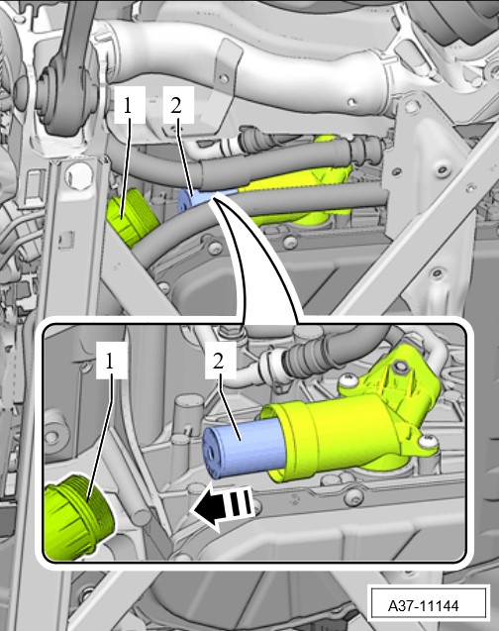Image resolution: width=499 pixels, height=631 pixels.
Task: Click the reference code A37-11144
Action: (x=423, y=605)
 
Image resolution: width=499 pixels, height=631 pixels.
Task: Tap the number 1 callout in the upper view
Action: (x=129, y=106)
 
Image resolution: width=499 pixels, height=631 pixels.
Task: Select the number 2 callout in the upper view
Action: (x=176, y=106)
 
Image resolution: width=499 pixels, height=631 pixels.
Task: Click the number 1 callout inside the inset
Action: (x=110, y=363)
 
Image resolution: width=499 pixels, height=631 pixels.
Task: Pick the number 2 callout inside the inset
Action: (x=219, y=361)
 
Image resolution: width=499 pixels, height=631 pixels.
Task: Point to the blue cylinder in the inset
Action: (x=243, y=448)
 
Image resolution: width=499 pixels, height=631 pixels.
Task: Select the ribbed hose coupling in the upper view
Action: (x=366, y=151)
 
